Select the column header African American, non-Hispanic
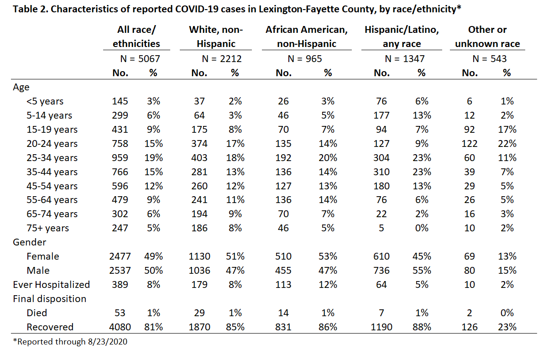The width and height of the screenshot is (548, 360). (x=307, y=37)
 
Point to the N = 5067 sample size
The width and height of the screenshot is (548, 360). (x=140, y=59)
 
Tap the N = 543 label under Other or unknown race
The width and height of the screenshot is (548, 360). (x=489, y=59)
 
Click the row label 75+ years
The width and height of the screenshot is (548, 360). (x=48, y=228)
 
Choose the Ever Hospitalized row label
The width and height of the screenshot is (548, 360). (x=52, y=285)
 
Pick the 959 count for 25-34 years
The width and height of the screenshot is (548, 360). (x=120, y=158)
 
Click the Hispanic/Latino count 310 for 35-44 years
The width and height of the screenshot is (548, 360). (x=381, y=172)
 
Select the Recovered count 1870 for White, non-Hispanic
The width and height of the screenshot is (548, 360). (x=199, y=327)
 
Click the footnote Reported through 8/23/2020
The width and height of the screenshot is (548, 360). (x=70, y=342)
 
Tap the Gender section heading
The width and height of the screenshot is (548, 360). (x=29, y=242)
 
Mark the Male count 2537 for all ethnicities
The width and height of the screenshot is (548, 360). (x=120, y=271)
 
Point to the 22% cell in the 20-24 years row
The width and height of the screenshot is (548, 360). (x=507, y=144)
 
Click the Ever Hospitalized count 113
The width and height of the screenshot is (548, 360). (x=283, y=285)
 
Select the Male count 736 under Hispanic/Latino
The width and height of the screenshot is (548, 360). (x=381, y=271)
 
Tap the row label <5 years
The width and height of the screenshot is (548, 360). (x=45, y=101)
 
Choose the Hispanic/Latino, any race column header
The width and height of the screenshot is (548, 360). (x=402, y=37)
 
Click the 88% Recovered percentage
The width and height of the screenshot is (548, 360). (x=422, y=327)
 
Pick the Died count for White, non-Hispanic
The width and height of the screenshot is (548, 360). (x=199, y=313)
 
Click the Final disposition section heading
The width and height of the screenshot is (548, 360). (x=49, y=299)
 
